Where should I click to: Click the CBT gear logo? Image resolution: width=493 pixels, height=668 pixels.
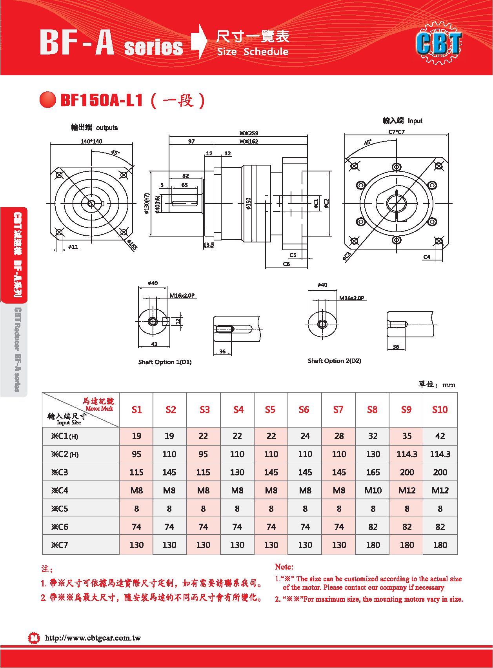439,43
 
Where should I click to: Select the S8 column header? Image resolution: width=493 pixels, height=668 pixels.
372,410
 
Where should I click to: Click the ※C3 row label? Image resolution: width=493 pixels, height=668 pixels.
60,472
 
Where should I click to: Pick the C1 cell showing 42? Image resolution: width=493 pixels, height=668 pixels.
440,436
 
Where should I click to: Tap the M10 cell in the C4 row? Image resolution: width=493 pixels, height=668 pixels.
373,490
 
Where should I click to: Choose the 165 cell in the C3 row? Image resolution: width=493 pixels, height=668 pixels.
373,472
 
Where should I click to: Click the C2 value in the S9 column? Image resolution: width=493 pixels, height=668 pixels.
407,454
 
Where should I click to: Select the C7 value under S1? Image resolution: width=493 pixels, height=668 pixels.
136,545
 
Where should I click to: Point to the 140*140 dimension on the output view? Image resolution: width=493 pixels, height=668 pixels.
91,141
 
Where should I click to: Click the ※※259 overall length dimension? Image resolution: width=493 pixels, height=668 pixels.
249,133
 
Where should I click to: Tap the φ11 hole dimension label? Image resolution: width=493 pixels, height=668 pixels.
73,247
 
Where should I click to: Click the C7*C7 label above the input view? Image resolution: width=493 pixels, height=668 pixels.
397,132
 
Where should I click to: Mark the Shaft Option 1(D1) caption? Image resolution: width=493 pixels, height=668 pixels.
165,362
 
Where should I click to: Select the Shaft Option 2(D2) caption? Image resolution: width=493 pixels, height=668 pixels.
334,361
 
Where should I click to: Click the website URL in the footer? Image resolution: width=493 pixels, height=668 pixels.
93,638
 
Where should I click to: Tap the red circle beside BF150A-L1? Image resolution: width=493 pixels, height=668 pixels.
48,100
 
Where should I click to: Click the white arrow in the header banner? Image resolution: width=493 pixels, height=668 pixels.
200,42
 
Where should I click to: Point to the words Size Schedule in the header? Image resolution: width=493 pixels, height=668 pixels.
253,52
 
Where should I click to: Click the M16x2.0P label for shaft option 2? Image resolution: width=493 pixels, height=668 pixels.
351,298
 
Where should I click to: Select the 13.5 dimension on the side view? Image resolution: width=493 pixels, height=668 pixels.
209,245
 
